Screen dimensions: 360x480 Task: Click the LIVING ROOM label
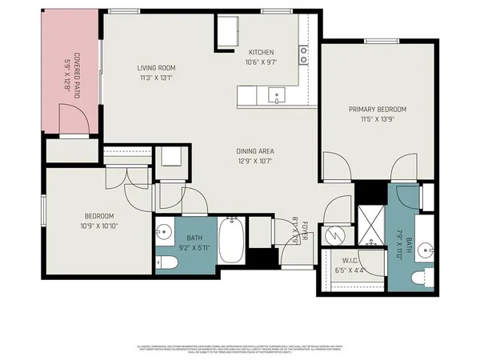pos(155,68)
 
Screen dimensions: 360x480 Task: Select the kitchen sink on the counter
pos(277,94)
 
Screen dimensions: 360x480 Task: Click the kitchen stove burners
pos(304,54)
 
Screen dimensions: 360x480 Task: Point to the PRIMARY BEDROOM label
pos(377,109)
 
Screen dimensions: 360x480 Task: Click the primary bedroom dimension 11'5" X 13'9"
pos(377,118)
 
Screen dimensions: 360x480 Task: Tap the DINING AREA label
pos(256,150)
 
